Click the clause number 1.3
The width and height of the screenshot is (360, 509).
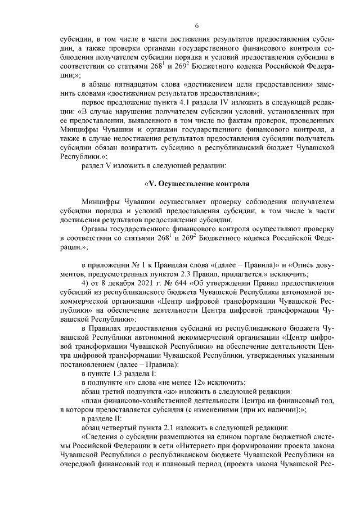click(x=118, y=373)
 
